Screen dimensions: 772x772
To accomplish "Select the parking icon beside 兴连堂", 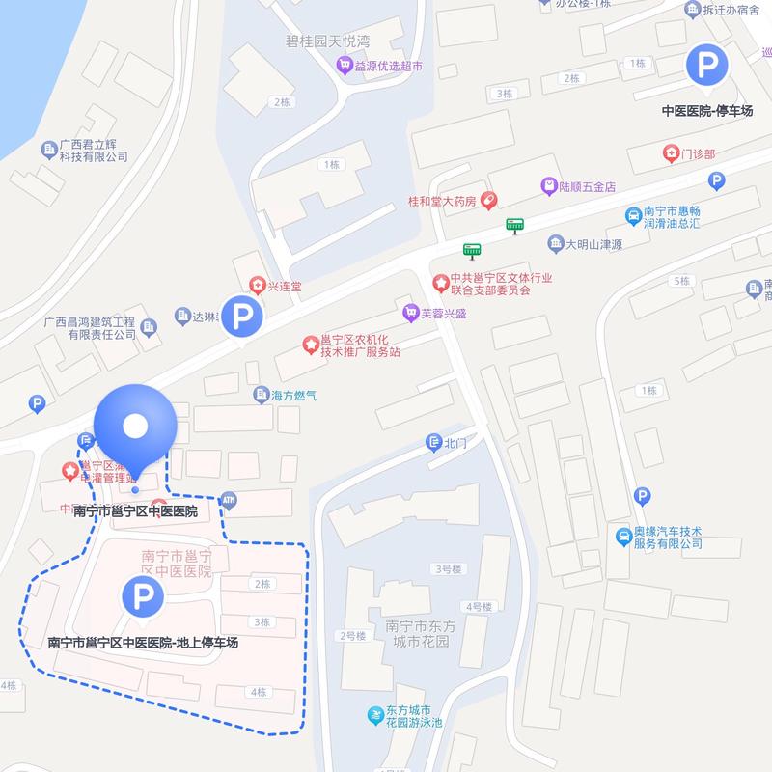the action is pyautogui.click(x=238, y=317).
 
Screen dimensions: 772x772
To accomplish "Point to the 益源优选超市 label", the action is pyautogui.click(x=385, y=67).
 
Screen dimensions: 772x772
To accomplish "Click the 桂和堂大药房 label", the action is pyautogui.click(x=443, y=202).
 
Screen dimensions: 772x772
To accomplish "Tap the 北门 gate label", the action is pyautogui.click(x=454, y=443).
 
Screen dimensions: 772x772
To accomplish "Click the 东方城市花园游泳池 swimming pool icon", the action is pyautogui.click(x=373, y=715).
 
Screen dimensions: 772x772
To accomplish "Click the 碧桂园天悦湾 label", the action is pyautogui.click(x=328, y=41).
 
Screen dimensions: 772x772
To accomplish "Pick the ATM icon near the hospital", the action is pyautogui.click(x=229, y=499).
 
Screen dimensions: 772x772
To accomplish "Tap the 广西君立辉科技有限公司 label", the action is pyautogui.click(x=93, y=151).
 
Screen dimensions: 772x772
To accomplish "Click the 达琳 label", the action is pyautogui.click(x=201, y=315).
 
